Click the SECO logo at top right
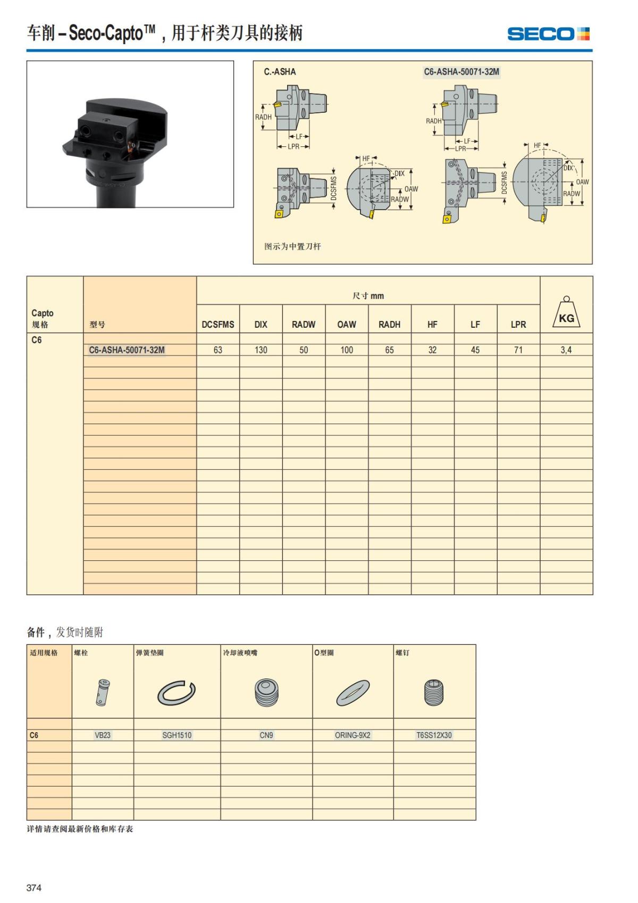click(x=548, y=34)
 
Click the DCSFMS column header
click(x=218, y=324)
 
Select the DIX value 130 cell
click(x=261, y=350)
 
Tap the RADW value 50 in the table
click(x=304, y=350)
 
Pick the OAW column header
click(x=347, y=324)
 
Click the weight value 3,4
click(x=566, y=350)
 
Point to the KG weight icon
click(x=566, y=313)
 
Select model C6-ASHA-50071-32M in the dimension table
click(x=127, y=350)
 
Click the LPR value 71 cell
click(x=518, y=350)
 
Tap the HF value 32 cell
click(x=432, y=350)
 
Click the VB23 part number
click(x=103, y=735)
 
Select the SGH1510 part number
click(x=177, y=735)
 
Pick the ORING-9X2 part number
click(x=352, y=735)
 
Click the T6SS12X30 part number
click(x=434, y=735)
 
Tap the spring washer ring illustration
click(x=177, y=693)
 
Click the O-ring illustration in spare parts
click(x=353, y=693)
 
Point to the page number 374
click(x=34, y=887)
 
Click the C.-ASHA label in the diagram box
click(x=280, y=72)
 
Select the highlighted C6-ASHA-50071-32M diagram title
click(x=461, y=72)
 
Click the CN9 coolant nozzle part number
click(x=266, y=735)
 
